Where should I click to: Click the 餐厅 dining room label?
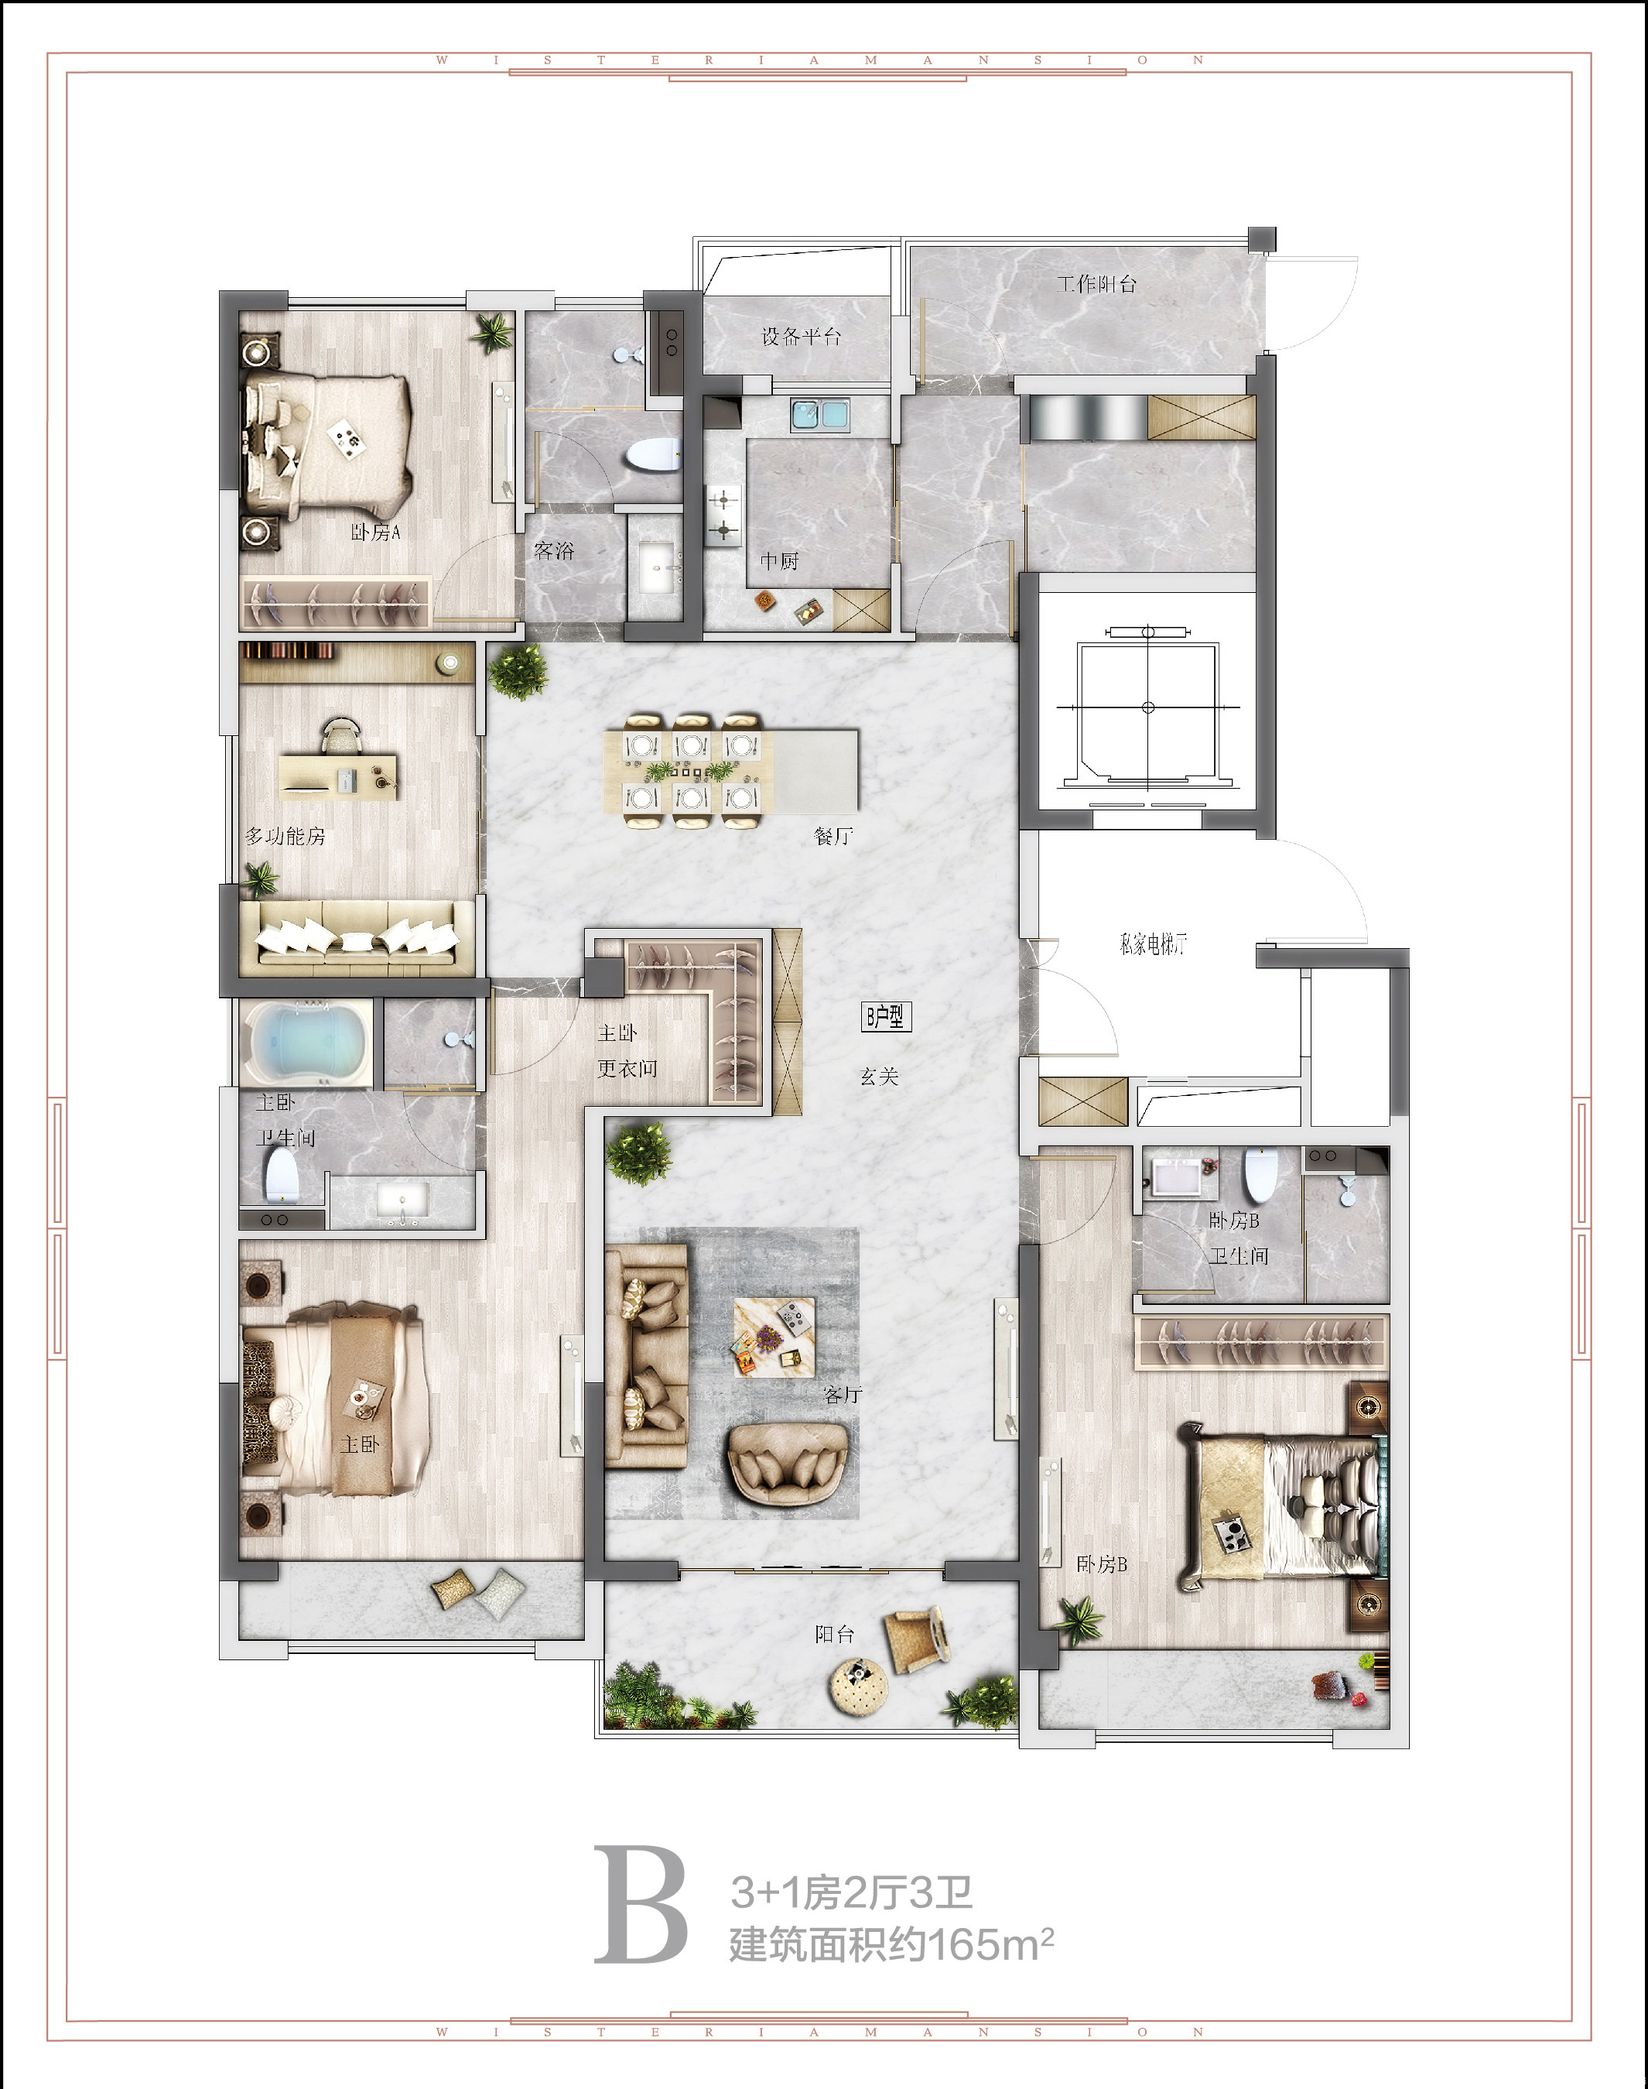(833, 836)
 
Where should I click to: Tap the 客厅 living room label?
(843, 1394)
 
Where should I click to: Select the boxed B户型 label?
(885, 1016)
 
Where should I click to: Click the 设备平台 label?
(801, 336)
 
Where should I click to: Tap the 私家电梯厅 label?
(1153, 943)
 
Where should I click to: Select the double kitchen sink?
(819, 414)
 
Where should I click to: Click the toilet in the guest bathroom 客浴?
(652, 454)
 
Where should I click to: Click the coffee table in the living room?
(774, 1336)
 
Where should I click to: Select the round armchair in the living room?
(788, 1464)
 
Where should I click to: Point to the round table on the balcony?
(858, 1684)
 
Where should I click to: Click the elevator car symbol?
(1147, 707)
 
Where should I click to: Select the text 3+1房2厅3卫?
(851, 1892)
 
